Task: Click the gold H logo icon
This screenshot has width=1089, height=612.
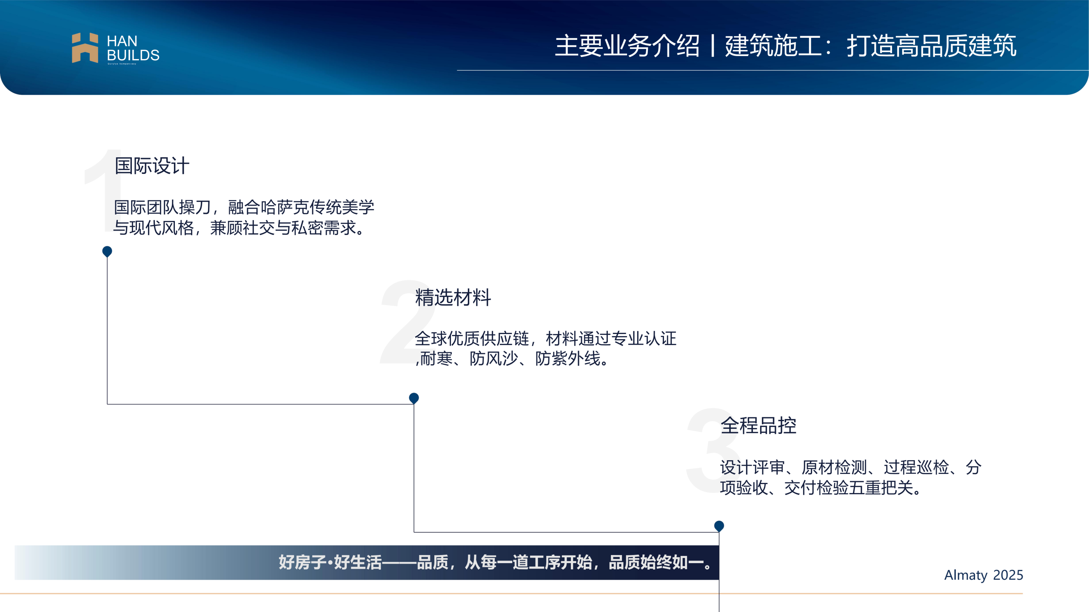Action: point(85,48)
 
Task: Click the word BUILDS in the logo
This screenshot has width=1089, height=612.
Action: point(133,55)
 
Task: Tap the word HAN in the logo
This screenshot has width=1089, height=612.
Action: point(122,41)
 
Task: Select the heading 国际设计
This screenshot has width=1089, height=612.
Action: point(152,166)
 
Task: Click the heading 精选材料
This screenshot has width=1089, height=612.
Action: point(453,297)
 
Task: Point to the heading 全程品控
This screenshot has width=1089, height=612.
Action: point(758,425)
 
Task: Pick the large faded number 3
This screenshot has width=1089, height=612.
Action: point(713,450)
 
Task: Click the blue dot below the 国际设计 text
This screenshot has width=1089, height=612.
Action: point(107,251)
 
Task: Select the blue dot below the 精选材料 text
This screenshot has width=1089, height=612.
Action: point(414,398)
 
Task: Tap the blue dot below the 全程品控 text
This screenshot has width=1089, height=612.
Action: point(719,526)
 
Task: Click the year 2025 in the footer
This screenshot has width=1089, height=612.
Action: point(1008,575)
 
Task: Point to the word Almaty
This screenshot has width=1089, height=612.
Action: point(966,575)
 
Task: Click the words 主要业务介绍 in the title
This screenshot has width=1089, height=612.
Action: point(627,46)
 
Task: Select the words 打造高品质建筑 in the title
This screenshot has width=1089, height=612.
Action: point(932,46)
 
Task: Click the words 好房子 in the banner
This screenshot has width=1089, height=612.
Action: point(303,562)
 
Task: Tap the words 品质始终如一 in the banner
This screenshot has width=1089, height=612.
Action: point(656,562)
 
